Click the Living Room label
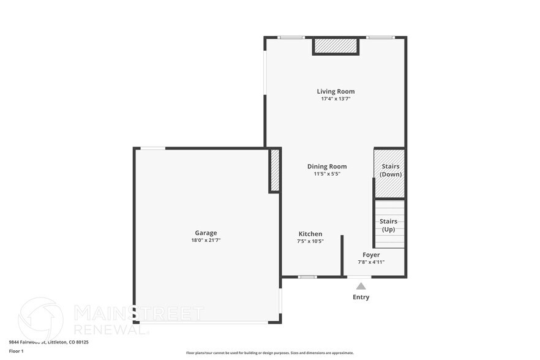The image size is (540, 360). point(336,91)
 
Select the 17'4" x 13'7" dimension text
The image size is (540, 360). point(336,99)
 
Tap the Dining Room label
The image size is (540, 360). point(327,167)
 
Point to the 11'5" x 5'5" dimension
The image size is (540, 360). point(327,174)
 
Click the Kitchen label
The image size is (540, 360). point(310,234)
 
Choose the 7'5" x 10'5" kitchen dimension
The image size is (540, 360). point(310,241)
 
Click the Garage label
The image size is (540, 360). point(206,233)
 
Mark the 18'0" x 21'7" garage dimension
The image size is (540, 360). point(206,240)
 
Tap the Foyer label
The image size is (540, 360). point(371,255)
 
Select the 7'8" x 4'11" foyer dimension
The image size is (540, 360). point(371,262)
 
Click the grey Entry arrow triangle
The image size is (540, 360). point(361,286)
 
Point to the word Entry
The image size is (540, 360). point(361,297)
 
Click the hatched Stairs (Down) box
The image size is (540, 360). point(389,173)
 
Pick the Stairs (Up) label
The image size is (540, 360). point(389,225)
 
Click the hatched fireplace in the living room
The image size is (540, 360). point(336,47)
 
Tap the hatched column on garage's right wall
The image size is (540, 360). point(275,170)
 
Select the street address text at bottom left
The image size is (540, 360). point(49,342)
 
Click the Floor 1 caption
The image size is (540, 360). point(16,351)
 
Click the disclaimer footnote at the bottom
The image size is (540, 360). point(270,353)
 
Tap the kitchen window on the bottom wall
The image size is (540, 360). point(307,277)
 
